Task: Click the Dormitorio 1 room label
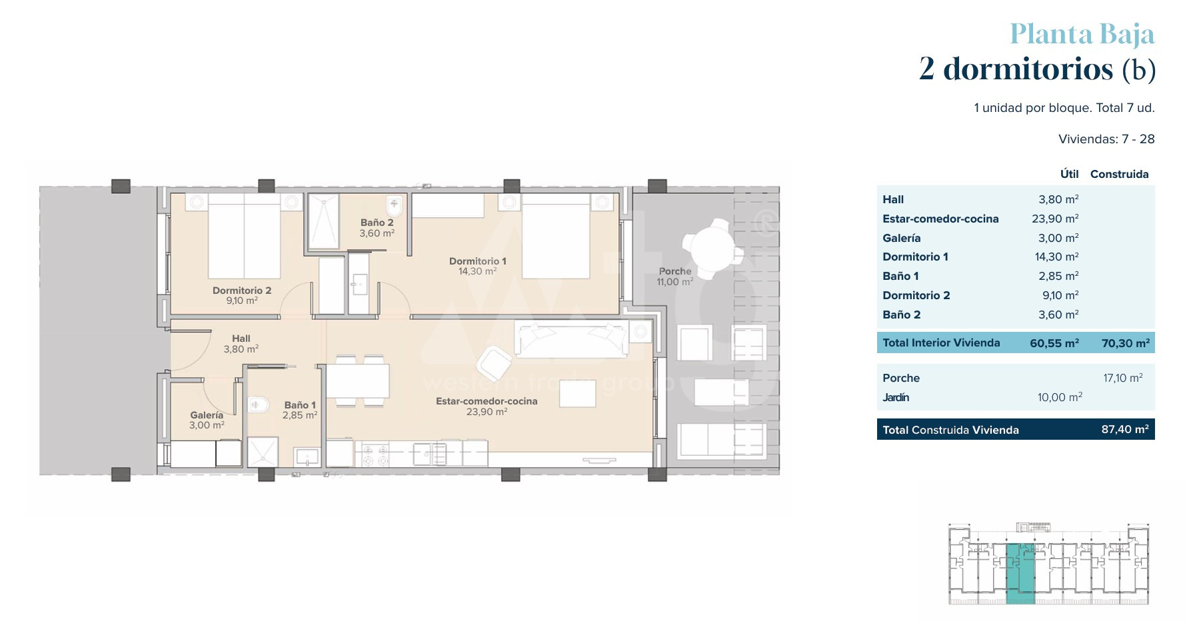[477, 261]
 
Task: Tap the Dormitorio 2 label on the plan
[242, 291]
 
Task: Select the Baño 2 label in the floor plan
[377, 223]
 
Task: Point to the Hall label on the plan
[241, 338]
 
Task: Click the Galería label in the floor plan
[207, 415]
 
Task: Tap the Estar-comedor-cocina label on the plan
[487, 401]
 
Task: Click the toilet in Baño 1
[258, 404]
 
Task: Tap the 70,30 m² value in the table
[1125, 343]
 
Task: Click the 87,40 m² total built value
[1125, 429]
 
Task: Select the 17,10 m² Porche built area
[1123, 378]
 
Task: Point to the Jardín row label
[896, 397]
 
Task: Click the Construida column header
[1120, 174]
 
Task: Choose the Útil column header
[1070, 173]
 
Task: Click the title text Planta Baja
[1082, 34]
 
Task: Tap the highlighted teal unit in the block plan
[1020, 574]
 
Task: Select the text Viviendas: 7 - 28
[1106, 139]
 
